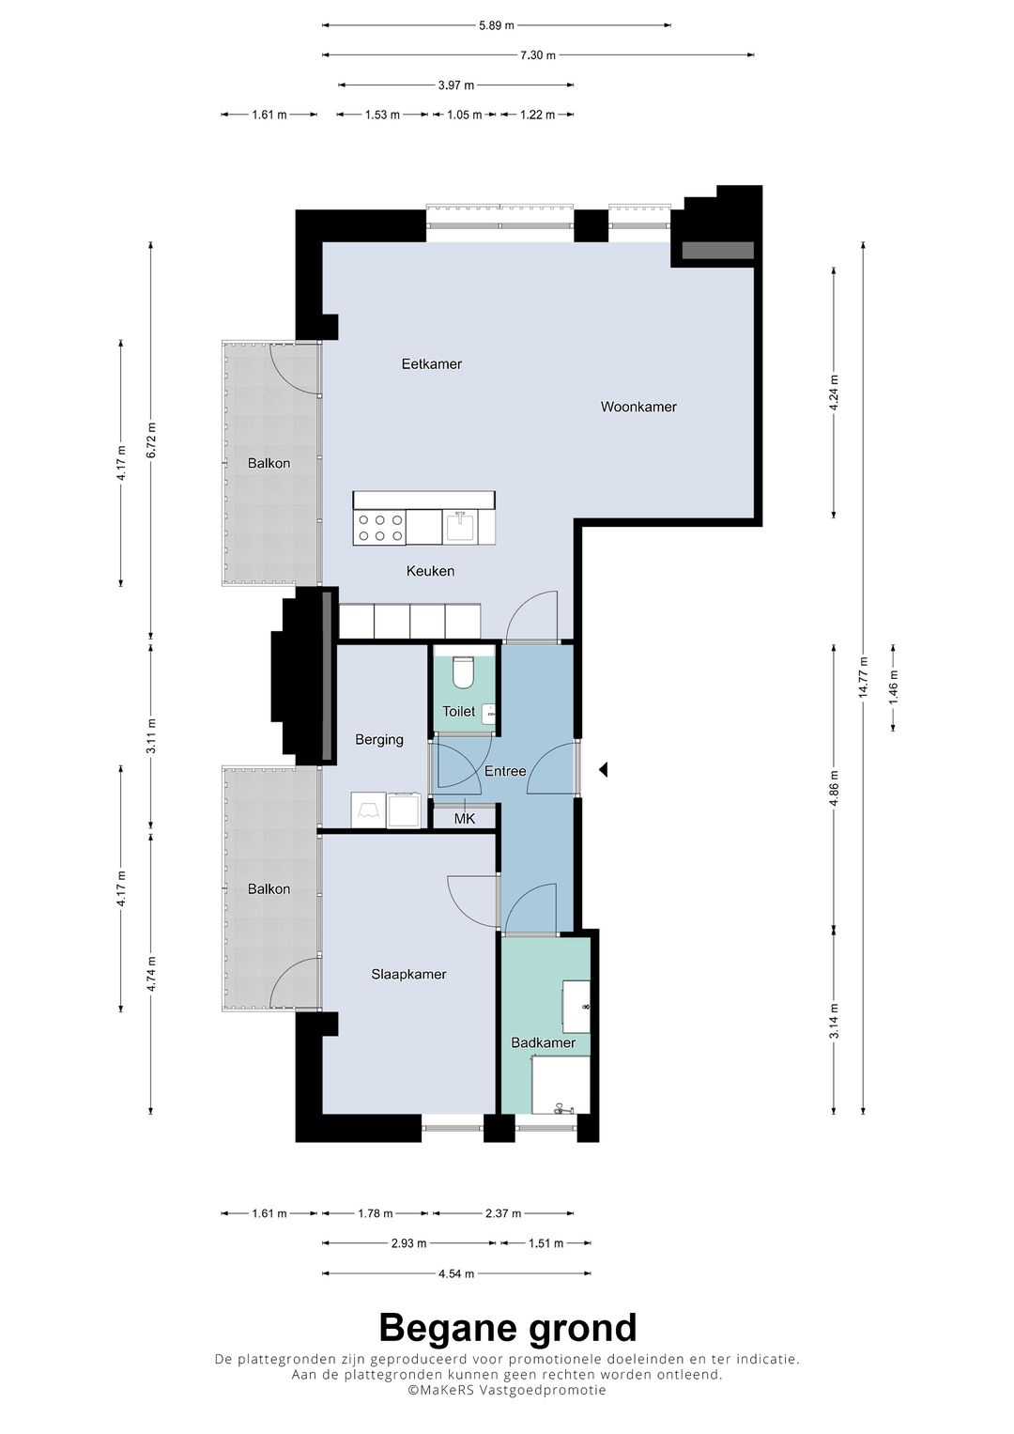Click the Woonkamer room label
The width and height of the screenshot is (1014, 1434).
[638, 407]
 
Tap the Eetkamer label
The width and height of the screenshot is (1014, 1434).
[431, 363]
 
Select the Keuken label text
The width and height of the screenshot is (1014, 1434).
[430, 571]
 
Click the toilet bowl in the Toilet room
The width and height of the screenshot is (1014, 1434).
[463, 672]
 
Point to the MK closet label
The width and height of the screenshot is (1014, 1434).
[464, 819]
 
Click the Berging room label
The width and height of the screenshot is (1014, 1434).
[379, 740]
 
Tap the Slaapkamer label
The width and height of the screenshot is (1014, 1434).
[408, 975]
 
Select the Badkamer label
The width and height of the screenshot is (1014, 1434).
[543, 1042]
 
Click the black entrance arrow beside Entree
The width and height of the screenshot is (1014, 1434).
[604, 770]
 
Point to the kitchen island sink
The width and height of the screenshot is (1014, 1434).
[460, 527]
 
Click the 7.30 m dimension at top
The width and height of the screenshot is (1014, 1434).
[537, 55]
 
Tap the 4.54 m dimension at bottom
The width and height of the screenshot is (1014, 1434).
[456, 1273]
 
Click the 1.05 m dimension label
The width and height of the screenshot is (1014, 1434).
[464, 115]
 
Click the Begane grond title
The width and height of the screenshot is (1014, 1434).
[507, 1328]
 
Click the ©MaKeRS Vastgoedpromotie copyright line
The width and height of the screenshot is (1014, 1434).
[507, 1391]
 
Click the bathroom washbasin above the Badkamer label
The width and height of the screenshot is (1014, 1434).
[576, 1006]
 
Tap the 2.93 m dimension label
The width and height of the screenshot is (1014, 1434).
[408, 1243]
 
